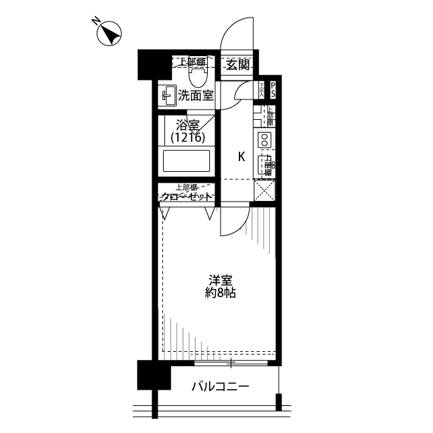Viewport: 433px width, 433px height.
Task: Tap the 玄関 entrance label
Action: (237, 65)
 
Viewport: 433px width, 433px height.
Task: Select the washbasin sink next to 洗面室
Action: (168, 96)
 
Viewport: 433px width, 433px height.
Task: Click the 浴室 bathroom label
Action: (187, 125)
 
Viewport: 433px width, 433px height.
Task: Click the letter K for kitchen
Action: (241, 157)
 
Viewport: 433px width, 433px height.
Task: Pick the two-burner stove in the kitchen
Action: (264, 141)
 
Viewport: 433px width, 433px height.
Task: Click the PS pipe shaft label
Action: (273, 90)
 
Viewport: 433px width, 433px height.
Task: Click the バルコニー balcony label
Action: (220, 388)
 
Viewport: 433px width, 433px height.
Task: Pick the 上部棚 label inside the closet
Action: (187, 187)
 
